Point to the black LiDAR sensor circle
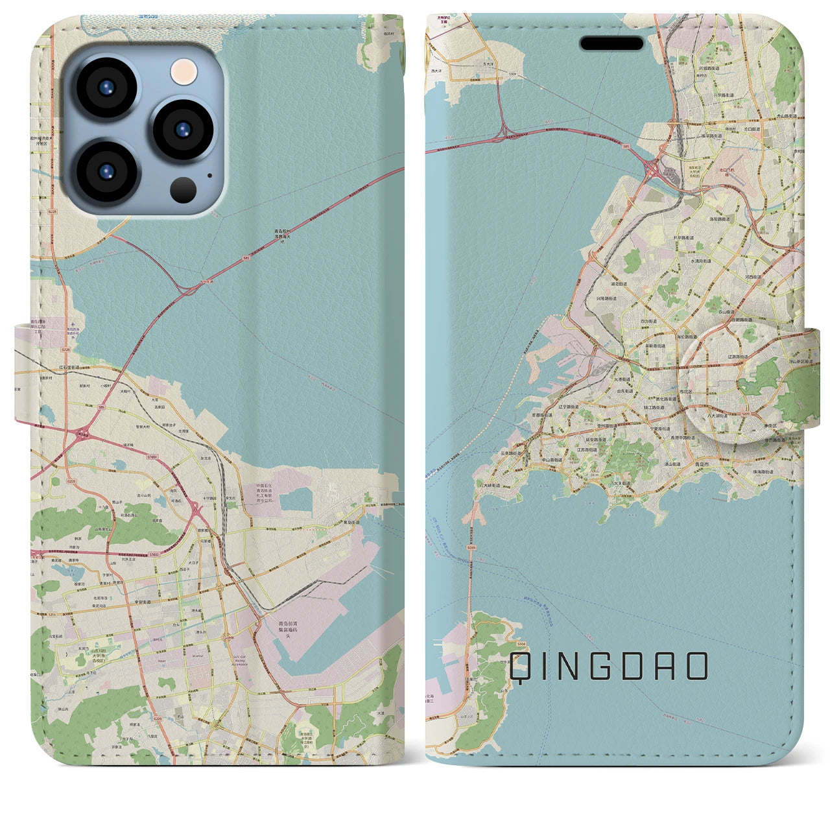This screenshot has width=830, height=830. point(184,190)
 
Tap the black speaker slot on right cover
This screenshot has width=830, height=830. point(611,43)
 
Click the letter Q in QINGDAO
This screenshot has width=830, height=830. point(521,667)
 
